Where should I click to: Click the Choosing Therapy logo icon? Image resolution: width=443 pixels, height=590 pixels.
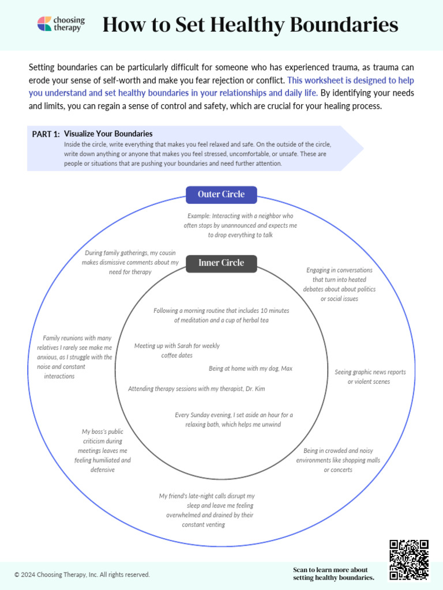(44, 24)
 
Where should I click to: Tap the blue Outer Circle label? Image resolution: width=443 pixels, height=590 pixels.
(221, 195)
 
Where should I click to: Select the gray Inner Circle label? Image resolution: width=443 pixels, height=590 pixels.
(221, 263)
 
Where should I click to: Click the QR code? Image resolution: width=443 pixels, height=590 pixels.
(409, 559)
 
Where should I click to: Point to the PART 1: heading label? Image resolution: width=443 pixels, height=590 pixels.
(46, 134)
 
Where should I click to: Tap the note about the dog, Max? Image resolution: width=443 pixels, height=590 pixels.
(250, 369)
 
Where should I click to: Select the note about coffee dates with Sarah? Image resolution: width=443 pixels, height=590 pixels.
(177, 351)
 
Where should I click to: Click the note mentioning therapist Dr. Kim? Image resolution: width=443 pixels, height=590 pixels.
(196, 389)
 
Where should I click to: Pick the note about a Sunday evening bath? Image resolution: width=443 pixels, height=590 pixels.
(234, 419)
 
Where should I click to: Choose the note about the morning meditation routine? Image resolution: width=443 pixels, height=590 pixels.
(221, 315)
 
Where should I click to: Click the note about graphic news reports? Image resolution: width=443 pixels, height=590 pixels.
(370, 377)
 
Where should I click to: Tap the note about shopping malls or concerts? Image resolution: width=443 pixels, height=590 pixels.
(338, 460)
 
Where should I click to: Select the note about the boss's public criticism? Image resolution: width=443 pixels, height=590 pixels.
(103, 451)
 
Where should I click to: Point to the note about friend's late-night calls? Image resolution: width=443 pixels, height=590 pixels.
(207, 510)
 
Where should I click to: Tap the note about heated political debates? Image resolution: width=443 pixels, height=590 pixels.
(339, 284)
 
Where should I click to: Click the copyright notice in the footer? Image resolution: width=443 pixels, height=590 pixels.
(82, 574)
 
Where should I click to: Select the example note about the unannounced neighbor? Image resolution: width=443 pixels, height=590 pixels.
(240, 225)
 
